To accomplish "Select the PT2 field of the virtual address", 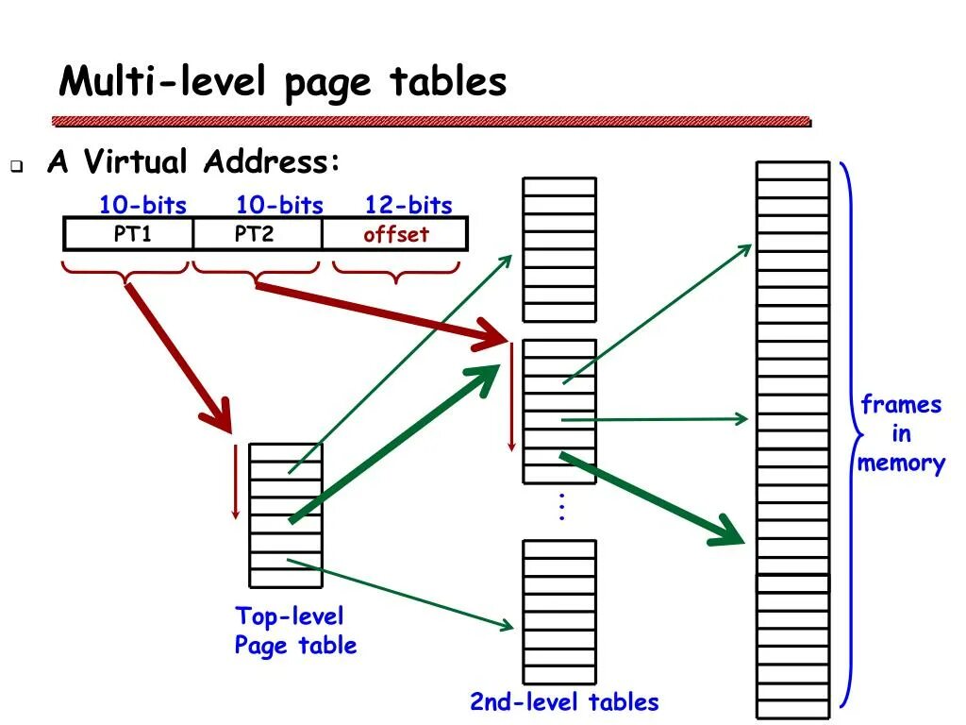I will (254, 234).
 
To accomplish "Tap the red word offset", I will (396, 235).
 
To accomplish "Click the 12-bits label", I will (408, 206).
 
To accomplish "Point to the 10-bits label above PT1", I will (142, 206).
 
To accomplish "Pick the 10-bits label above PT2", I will (279, 206).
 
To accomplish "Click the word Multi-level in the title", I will (161, 82).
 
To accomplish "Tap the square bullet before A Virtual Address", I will (18, 166).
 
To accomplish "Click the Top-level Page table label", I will (295, 631).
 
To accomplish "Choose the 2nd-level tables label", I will (564, 702).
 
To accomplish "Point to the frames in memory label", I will (901, 434).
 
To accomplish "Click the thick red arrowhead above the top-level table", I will (219, 417).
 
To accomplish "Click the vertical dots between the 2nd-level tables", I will (560, 507).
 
